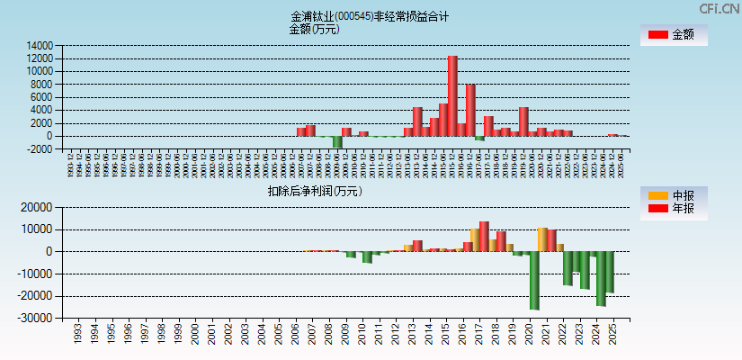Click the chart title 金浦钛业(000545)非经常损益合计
coord(370,16)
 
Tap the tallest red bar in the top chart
coord(452,95)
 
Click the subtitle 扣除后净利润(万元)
coord(314,191)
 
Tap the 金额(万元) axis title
coord(314,29)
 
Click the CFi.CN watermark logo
coord(719,8)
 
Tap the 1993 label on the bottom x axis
coord(78,334)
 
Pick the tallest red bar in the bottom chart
coord(484,236)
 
